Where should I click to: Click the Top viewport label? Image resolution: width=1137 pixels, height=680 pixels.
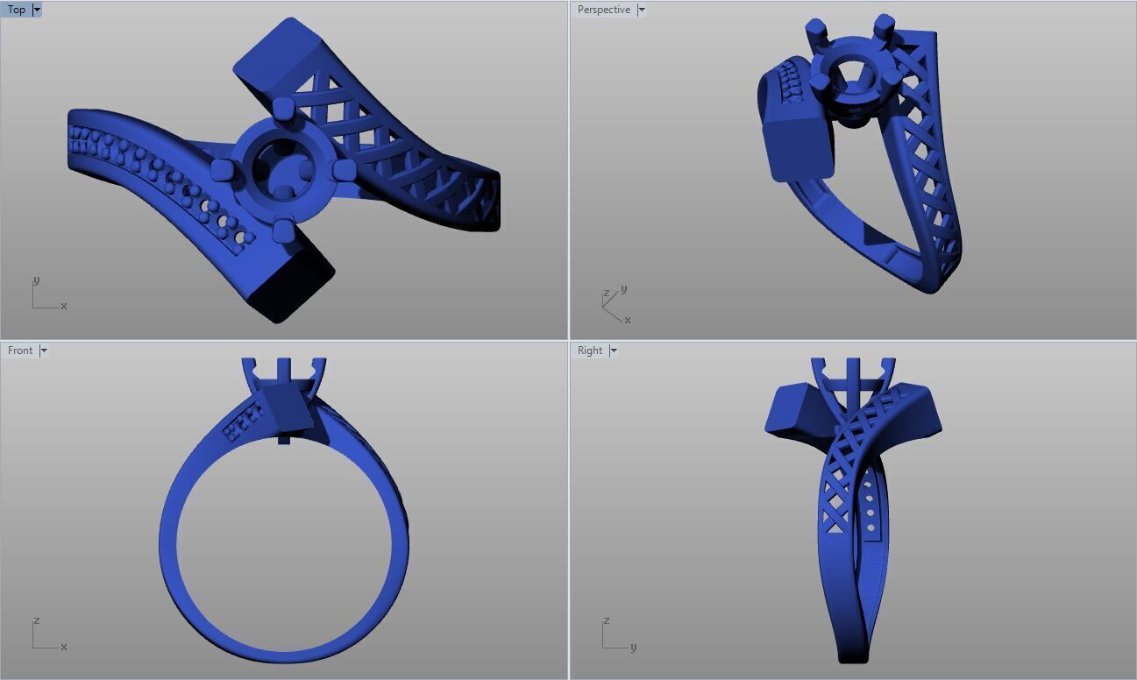click(x=17, y=10)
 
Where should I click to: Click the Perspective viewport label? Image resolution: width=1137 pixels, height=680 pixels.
click(x=603, y=10)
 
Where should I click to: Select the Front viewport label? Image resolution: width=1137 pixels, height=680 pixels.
click(x=20, y=351)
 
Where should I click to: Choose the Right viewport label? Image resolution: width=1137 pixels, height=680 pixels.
click(x=589, y=351)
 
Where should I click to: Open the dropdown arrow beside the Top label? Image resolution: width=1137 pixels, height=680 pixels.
click(x=37, y=10)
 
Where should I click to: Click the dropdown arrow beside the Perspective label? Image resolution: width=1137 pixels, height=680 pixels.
click(x=642, y=10)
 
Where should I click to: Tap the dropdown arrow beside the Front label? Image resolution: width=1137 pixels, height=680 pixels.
click(x=44, y=351)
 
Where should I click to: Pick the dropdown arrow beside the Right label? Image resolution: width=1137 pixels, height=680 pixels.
click(x=613, y=351)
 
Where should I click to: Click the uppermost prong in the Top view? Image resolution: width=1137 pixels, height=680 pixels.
click(x=282, y=109)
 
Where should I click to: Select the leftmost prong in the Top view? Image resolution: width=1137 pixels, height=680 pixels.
click(x=221, y=170)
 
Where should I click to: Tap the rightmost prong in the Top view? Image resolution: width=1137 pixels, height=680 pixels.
click(x=345, y=168)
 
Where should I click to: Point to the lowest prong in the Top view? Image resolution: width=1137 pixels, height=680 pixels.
click(x=282, y=230)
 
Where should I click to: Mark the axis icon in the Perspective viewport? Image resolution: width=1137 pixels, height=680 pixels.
click(x=614, y=304)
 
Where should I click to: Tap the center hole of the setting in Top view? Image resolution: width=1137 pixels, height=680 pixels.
click(x=282, y=166)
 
